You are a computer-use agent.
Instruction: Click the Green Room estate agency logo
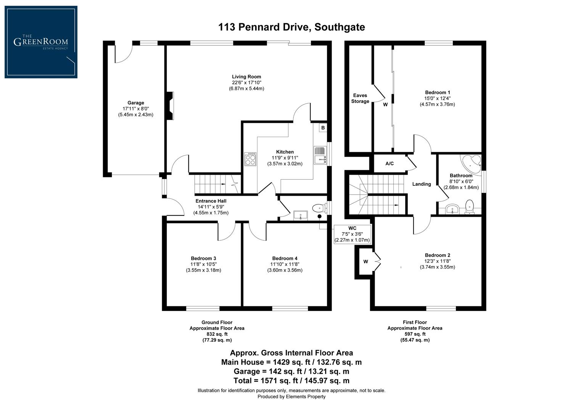tap(41, 42)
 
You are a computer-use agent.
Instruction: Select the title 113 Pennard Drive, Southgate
tap(291, 27)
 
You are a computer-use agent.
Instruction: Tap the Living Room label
tap(246, 77)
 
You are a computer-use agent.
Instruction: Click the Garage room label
tap(135, 103)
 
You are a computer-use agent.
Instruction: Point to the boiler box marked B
tap(323, 128)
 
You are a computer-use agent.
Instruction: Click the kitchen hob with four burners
tap(250, 159)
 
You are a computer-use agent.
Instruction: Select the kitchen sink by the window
tap(320, 156)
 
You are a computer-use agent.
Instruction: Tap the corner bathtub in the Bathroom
tap(472, 163)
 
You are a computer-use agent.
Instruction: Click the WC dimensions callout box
tap(352, 234)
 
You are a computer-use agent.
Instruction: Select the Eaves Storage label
tap(360, 98)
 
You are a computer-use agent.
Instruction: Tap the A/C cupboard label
tap(389, 164)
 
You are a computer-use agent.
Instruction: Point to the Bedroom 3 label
tap(203, 258)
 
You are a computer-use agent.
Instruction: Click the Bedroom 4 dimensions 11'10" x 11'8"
tap(285, 264)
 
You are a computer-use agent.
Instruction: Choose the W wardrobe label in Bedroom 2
tap(366, 262)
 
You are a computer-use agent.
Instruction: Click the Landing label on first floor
tap(422, 184)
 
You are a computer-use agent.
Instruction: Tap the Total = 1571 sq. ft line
tap(291, 380)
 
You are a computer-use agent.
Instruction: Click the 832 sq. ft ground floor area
tap(217, 334)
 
